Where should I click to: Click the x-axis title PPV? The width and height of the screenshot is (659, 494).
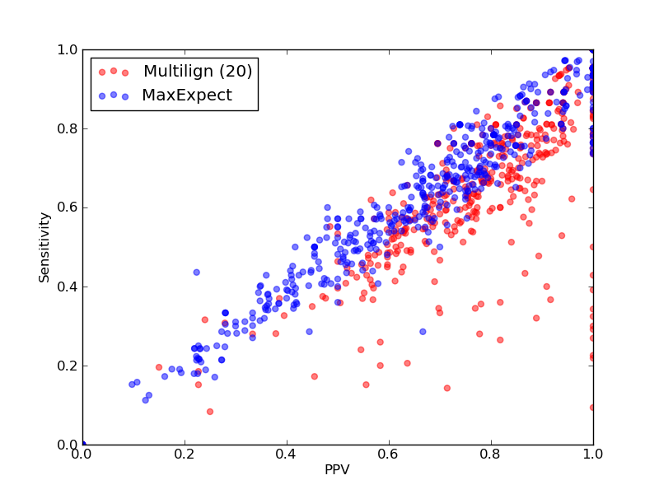tap(337, 469)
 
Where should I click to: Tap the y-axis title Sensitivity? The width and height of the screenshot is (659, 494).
tap(44, 248)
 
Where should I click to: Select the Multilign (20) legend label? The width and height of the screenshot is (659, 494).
tap(198, 71)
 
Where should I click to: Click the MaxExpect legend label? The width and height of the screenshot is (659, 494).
tap(187, 95)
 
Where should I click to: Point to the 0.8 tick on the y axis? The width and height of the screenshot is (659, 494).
tap(68, 128)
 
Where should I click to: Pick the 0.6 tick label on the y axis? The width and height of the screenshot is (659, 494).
tap(68, 207)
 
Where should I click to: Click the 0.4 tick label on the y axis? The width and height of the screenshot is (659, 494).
tap(68, 287)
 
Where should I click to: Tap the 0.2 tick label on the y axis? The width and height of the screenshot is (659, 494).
tap(68, 366)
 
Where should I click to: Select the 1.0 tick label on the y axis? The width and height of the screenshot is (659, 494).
tap(68, 49)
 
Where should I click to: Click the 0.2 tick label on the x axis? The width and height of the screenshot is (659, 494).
tap(185, 454)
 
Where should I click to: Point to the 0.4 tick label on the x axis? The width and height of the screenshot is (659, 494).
tap(287, 454)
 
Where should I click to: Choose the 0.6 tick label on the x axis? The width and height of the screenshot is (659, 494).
tap(389, 454)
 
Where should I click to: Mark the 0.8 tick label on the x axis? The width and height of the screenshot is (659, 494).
tap(491, 454)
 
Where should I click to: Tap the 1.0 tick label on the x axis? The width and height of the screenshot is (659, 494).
tap(593, 454)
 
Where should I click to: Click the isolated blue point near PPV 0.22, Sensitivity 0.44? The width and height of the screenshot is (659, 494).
tap(196, 273)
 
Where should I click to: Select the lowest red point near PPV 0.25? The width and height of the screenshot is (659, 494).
tap(210, 412)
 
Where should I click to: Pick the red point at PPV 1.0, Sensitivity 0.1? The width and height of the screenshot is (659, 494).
tap(592, 408)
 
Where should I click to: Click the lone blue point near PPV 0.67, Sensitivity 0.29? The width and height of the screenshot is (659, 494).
tap(423, 332)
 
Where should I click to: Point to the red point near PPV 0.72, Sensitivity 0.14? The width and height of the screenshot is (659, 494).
tap(447, 388)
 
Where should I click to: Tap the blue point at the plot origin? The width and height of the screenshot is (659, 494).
tap(83, 444)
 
